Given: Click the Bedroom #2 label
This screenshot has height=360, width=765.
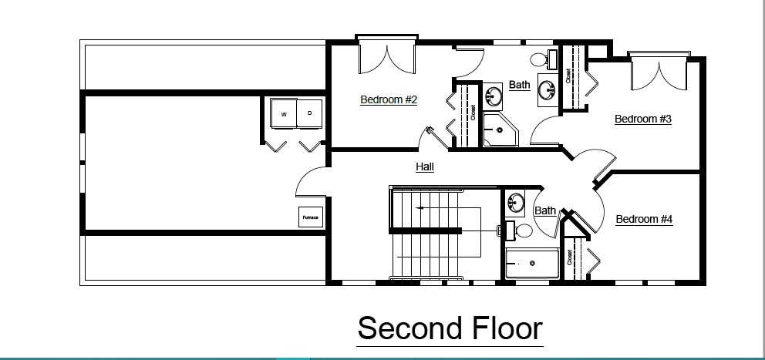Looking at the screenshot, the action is point(389,99).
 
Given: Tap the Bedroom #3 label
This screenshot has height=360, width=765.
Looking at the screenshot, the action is point(643,119).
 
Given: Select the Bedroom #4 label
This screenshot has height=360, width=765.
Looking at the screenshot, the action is point(644,219).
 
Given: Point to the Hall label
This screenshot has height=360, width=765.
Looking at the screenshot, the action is point(424,167).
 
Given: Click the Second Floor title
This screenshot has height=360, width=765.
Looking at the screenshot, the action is point(450,328).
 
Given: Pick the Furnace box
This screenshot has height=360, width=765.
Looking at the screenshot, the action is point(310,217).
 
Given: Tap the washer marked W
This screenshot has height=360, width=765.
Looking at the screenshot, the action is point(284,113).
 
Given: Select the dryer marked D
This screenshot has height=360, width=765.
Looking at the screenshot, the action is point(309,113).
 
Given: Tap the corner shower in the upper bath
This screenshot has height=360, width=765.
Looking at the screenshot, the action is point(500,129).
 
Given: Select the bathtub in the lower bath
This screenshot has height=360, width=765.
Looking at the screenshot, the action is point(532,264).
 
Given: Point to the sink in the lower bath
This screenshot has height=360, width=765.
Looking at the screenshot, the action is point(514,201).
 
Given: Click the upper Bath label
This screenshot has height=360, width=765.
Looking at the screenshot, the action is point(519,85).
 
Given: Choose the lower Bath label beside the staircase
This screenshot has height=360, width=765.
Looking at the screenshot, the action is point(545,210).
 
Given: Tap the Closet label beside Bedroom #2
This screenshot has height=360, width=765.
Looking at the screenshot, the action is point(473,113).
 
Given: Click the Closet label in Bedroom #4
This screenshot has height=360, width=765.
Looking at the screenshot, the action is point(569,257).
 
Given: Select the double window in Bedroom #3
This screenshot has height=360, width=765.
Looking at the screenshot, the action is point(659,71).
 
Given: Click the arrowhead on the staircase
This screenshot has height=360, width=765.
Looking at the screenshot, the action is point(419,208).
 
